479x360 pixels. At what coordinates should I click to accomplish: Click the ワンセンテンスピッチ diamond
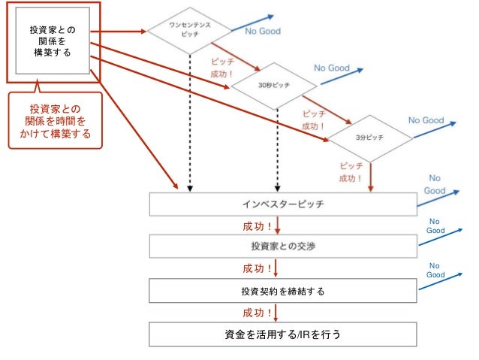pos(189,31)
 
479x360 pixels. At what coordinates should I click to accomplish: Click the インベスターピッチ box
pos(283,204)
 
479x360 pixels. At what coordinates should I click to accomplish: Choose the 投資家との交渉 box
pos(283,246)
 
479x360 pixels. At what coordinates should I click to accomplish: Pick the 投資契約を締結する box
pos(283,289)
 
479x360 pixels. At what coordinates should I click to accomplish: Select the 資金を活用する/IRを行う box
pos(283,333)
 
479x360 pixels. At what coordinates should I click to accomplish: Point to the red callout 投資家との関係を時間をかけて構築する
pos(54,121)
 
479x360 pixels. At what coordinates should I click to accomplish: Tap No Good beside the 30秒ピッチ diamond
pos(332,68)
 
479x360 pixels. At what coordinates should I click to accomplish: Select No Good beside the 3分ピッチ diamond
pos(426,120)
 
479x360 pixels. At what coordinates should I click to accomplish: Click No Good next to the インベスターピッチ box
pos(435,184)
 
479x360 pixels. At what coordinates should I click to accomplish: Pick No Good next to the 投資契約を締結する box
pos(435,271)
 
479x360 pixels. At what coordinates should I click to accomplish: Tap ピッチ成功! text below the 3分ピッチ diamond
pos(351,172)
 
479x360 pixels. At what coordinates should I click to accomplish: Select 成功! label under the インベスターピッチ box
pos(257,225)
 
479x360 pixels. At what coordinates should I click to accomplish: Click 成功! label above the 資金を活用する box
pos(257,312)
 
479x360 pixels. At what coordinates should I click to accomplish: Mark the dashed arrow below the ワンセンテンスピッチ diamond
pos(189,120)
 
